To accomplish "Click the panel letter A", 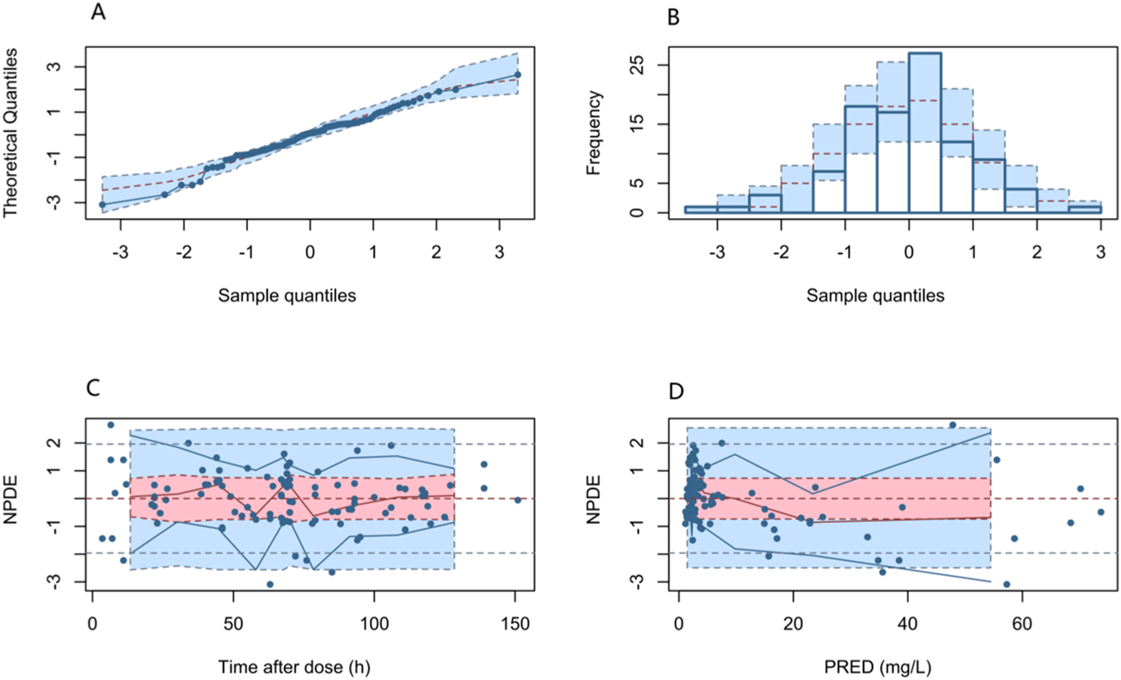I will point(98,12).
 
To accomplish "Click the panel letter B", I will point(674,16).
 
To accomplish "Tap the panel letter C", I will point(93,387).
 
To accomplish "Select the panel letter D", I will point(676,392).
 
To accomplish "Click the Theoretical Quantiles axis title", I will point(10,133).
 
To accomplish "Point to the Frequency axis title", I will point(593,133).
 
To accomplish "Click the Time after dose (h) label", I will point(294,667).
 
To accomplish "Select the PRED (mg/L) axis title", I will point(877,667).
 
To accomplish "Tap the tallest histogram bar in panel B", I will point(924,133).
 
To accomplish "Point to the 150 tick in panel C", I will point(515,624).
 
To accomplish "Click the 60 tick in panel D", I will point(1022,624).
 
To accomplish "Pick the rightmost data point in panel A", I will point(517,75).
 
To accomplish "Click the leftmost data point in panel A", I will point(102,205).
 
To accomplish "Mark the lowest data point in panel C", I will point(270,584).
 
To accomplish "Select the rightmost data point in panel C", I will point(517,500).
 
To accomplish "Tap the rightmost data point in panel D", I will point(1101,512).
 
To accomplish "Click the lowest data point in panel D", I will point(1006,584).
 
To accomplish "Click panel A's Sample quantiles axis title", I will point(287,295).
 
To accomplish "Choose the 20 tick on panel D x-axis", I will point(793,624).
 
